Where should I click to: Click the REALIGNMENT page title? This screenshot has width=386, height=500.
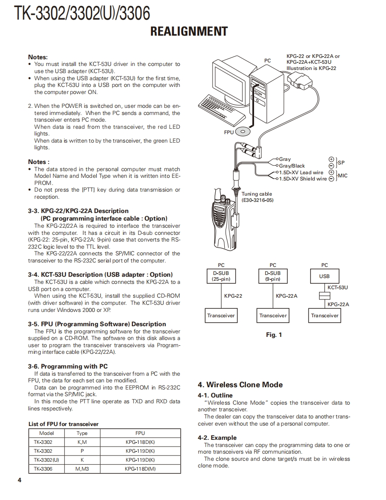pos(189,32)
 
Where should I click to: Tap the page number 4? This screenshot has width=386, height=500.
pos(20,480)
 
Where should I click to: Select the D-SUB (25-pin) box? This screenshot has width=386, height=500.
pos(221,276)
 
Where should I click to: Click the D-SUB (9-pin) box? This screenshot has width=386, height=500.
pos(273,276)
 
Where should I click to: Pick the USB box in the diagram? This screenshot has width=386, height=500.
pos(324,276)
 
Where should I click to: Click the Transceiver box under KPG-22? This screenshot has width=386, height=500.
pos(221,316)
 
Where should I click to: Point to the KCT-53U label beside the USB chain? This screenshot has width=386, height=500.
pos(337,287)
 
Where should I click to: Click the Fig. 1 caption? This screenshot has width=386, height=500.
pos(274,335)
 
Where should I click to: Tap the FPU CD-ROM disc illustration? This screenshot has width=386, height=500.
pos(242,131)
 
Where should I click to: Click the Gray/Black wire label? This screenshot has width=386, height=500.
pos(292,166)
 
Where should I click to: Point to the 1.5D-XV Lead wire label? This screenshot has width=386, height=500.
pos(301,172)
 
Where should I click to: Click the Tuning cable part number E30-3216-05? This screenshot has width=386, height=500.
pos(258,201)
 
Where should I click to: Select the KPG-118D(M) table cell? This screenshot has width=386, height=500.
pos(140,468)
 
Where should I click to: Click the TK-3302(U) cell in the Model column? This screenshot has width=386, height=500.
pos(46,459)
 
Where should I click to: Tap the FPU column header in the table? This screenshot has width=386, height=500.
pos(140,433)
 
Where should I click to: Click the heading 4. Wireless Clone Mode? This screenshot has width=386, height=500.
pos(240,385)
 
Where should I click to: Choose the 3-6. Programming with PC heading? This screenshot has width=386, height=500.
pos(68,366)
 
